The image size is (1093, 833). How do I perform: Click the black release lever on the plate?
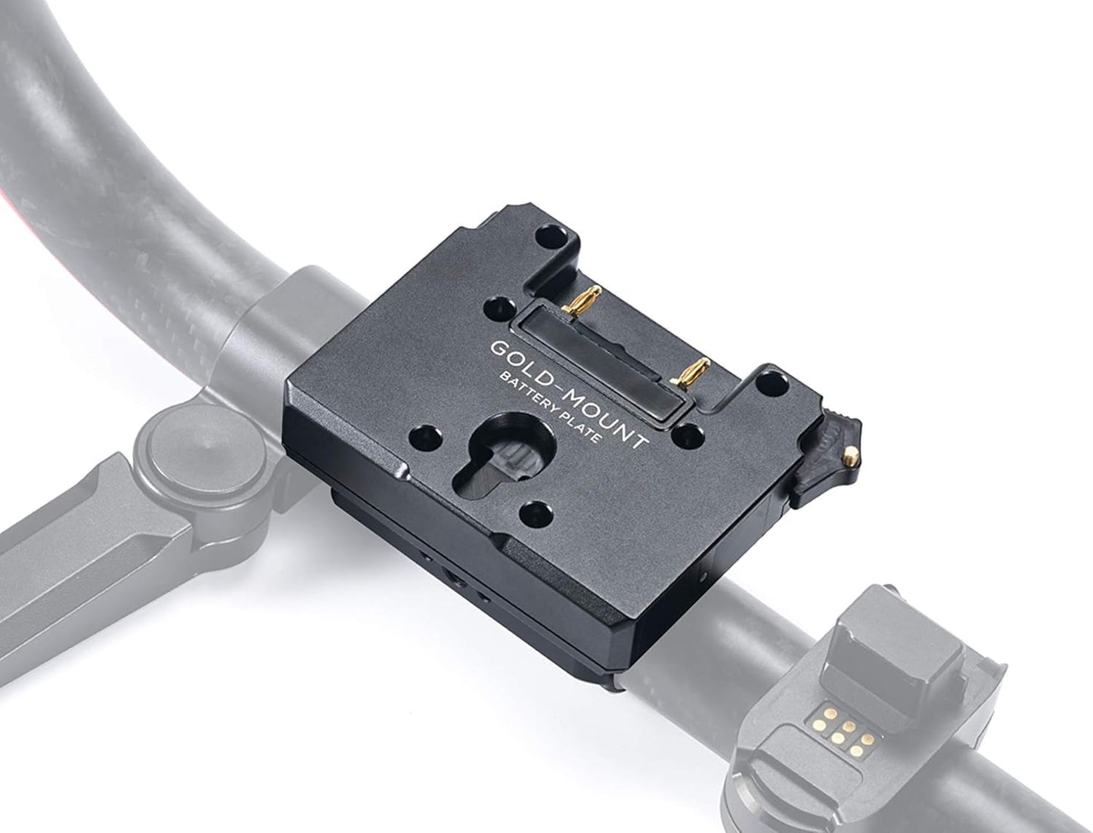click(824, 461)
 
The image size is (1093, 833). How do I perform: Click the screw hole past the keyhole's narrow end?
click(539, 512)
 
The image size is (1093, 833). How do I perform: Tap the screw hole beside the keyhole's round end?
click(423, 436)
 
